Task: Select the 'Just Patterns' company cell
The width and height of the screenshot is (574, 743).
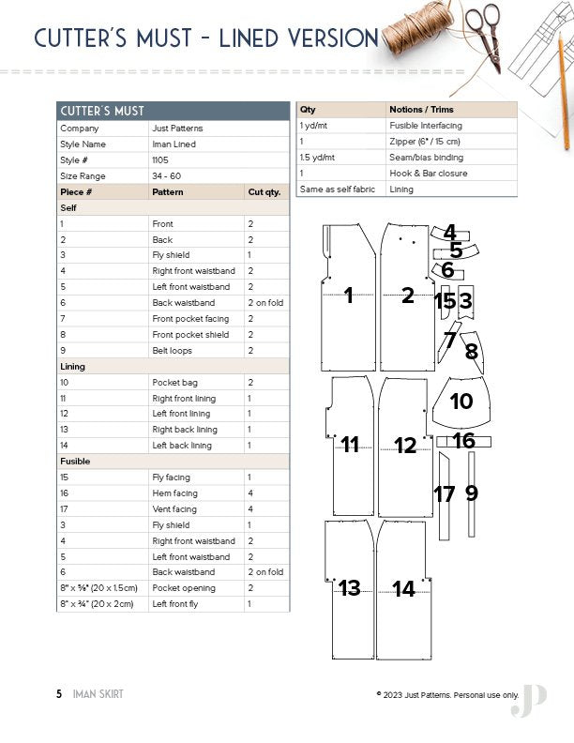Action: coord(177,129)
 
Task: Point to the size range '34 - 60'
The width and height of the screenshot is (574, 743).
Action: coord(167,176)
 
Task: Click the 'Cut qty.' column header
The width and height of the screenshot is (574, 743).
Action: coord(264,192)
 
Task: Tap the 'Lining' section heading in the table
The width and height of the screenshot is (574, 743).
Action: coord(72,367)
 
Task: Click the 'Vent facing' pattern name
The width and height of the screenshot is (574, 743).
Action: coord(174,509)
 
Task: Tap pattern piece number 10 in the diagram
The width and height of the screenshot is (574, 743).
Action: coord(461,402)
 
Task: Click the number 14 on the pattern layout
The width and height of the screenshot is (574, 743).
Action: coord(404,589)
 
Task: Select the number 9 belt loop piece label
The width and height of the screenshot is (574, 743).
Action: coord(472,492)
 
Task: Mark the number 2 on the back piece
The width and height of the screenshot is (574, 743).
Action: coord(407,296)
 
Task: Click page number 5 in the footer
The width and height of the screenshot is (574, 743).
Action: coord(58,694)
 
